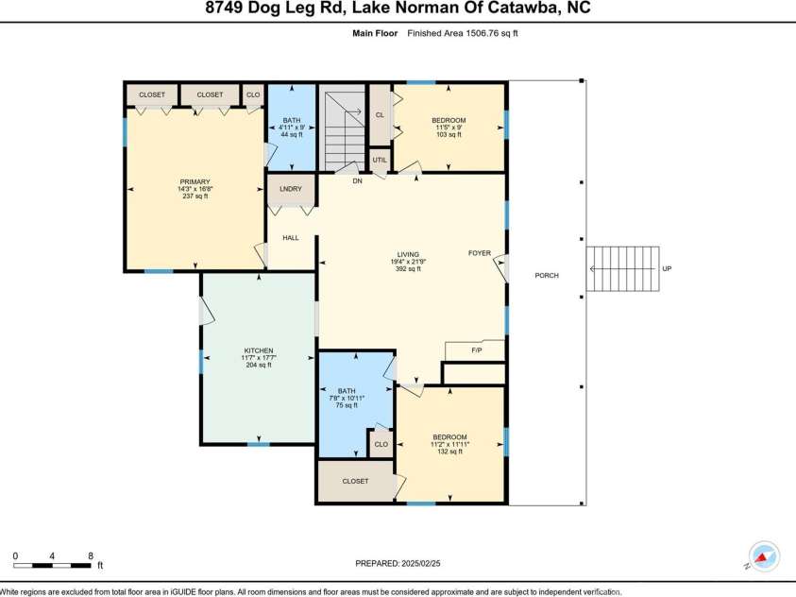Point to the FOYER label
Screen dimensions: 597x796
pyautogui.click(x=481, y=253)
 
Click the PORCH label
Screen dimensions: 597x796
pyautogui.click(x=546, y=276)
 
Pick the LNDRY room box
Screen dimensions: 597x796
pyautogui.click(x=291, y=189)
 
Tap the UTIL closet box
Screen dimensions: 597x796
pyautogui.click(x=380, y=161)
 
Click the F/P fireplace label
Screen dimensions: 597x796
pyautogui.click(x=479, y=350)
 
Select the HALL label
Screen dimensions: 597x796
pyautogui.click(x=291, y=238)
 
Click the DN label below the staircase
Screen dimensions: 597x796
pyautogui.click(x=357, y=181)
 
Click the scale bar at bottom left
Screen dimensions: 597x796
pyautogui.click(x=52, y=565)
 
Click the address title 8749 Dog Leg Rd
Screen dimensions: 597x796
pyautogui.click(x=398, y=10)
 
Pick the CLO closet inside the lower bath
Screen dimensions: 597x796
pyautogui.click(x=381, y=444)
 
